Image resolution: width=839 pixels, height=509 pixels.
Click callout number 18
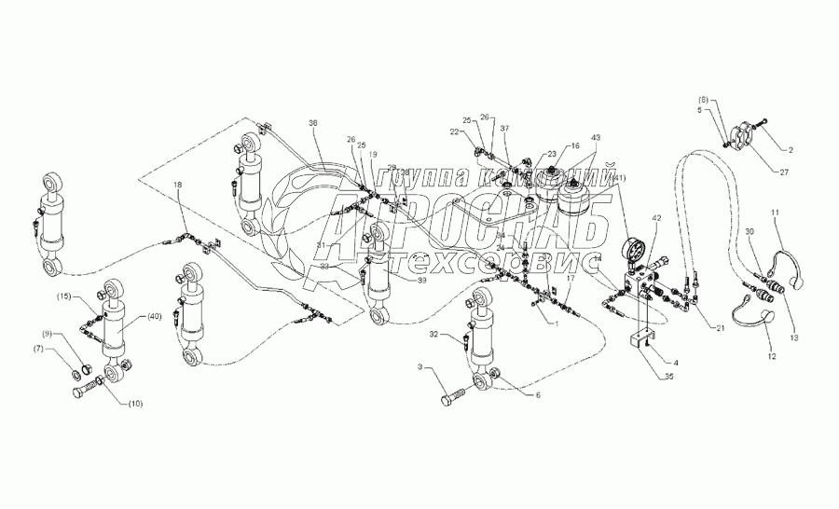[178, 187]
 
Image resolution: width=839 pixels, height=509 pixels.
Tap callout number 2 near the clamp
[788, 148]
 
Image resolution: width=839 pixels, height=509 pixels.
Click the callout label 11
[774, 213]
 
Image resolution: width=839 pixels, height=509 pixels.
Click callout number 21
[719, 327]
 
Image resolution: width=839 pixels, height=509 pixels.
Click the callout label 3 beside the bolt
[421, 370]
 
